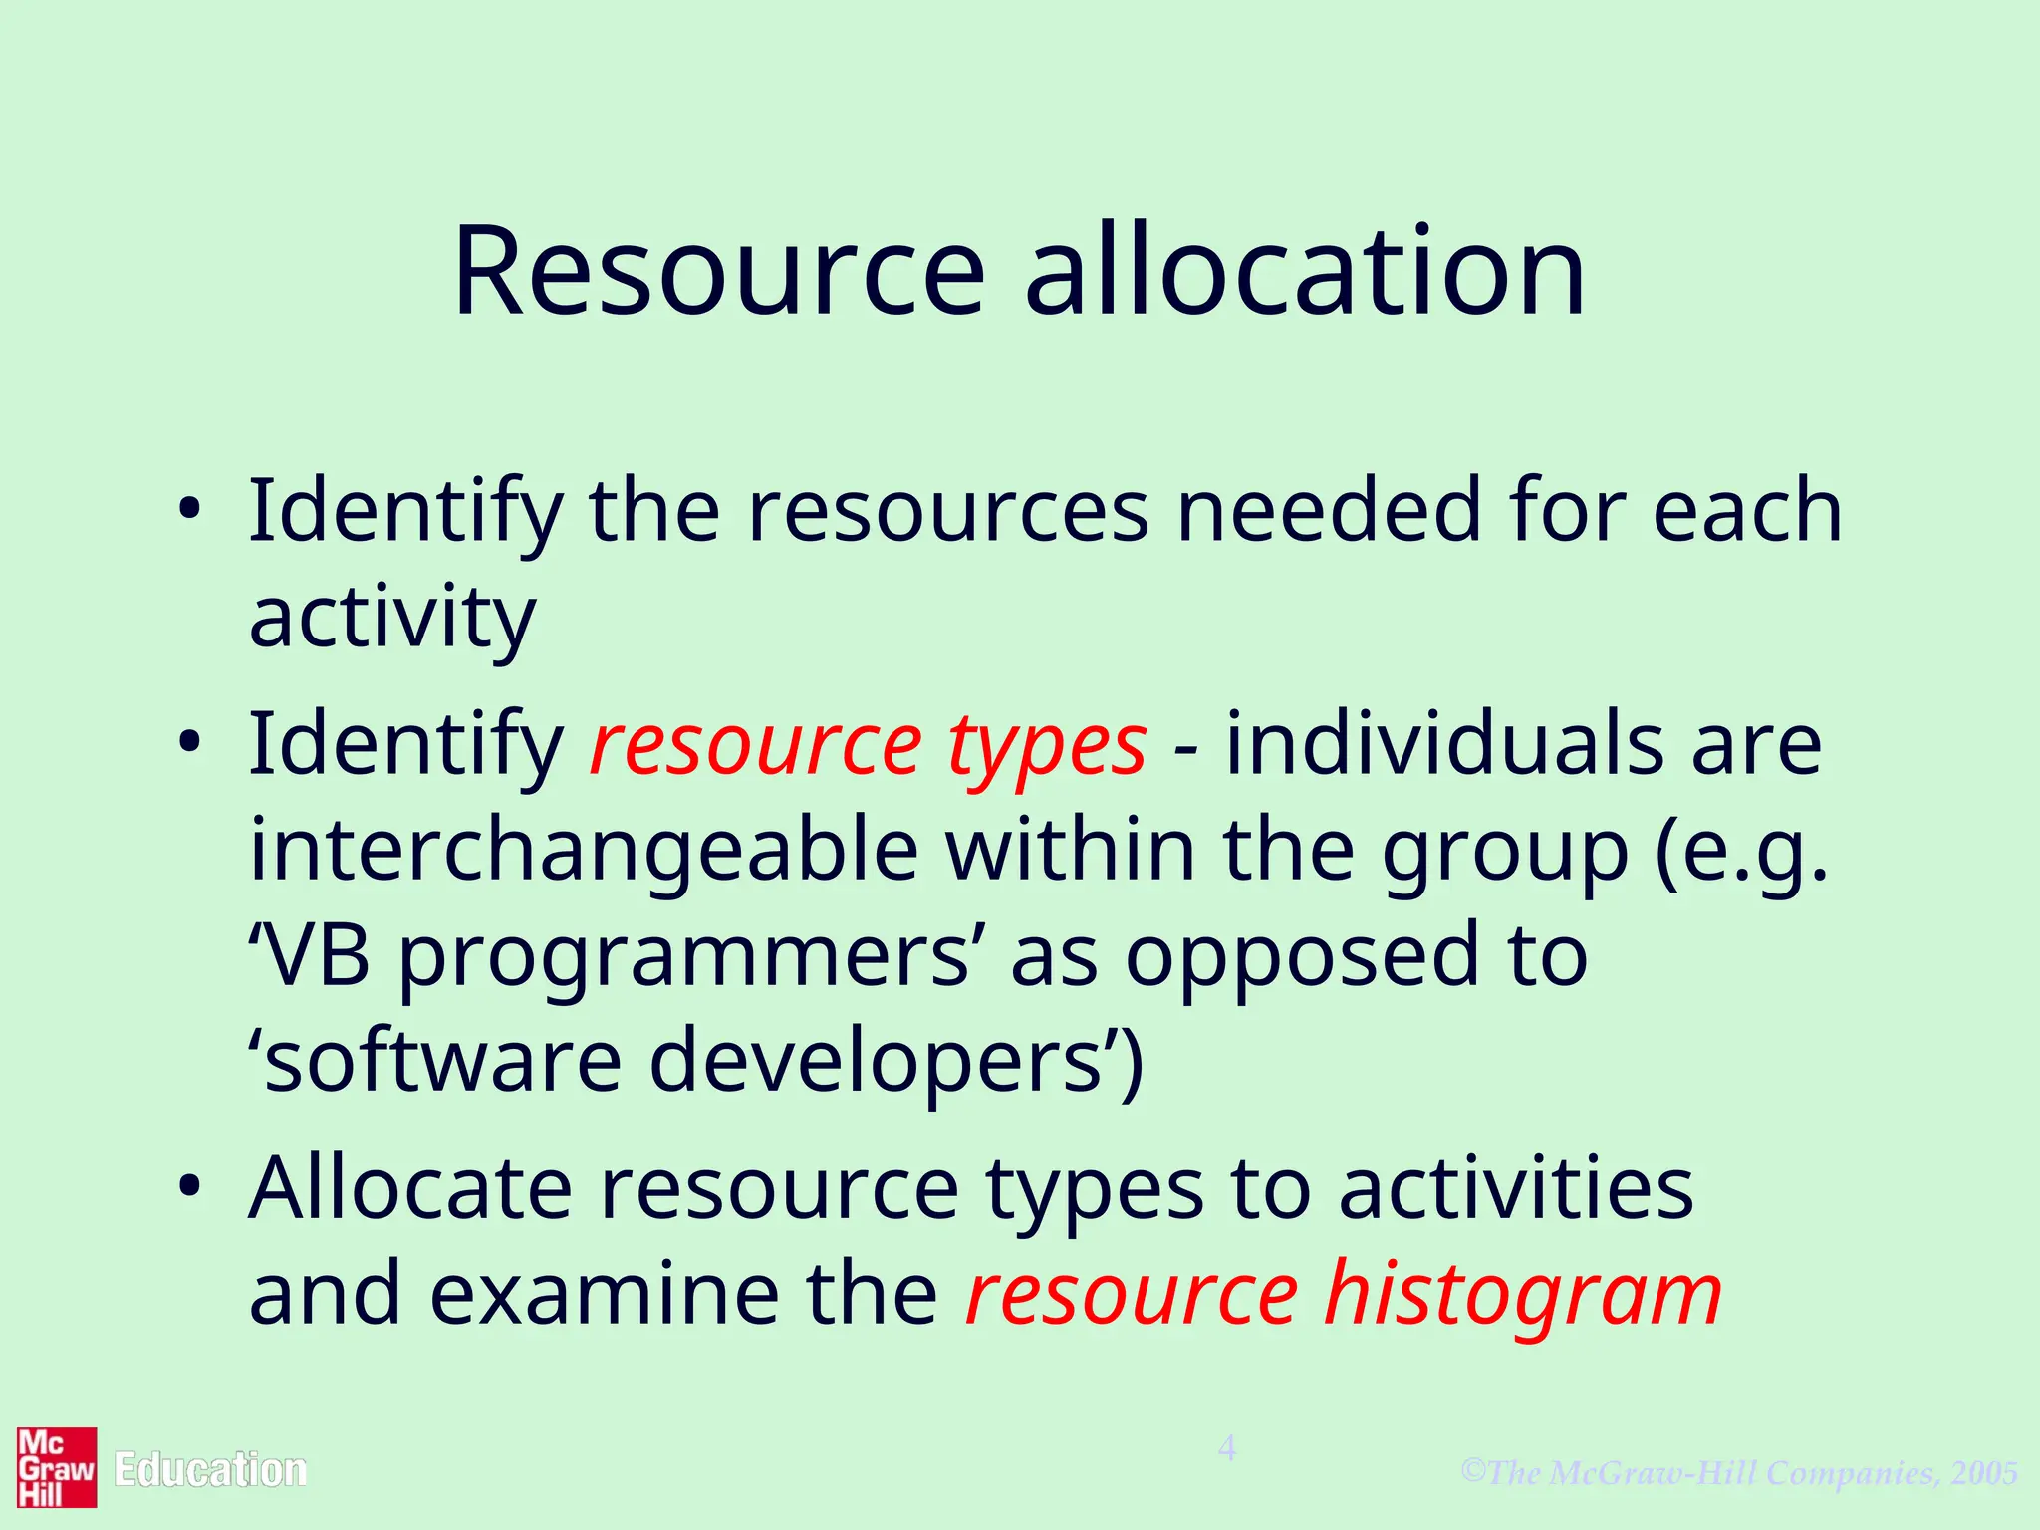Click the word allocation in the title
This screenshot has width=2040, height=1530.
tap(1305, 272)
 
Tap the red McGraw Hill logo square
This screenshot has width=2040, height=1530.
tap(57, 1467)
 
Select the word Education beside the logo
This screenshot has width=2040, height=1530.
tap(210, 1471)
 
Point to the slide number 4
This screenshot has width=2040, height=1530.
tap(1227, 1449)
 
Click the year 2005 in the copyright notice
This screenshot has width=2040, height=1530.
tap(1984, 1472)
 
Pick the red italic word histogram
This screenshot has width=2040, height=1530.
tap(1523, 1294)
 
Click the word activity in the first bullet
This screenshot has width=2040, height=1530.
tap(392, 618)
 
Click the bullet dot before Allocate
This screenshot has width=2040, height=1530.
tap(189, 1187)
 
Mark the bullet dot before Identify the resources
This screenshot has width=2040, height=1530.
tap(189, 511)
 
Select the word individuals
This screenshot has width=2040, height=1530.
tap(1443, 744)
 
